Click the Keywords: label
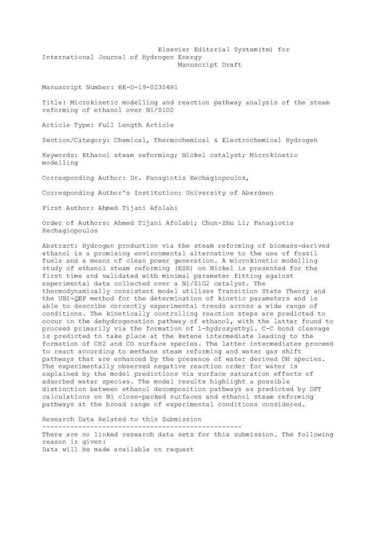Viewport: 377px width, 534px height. (59, 155)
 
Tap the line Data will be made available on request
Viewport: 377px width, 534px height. (118, 450)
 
